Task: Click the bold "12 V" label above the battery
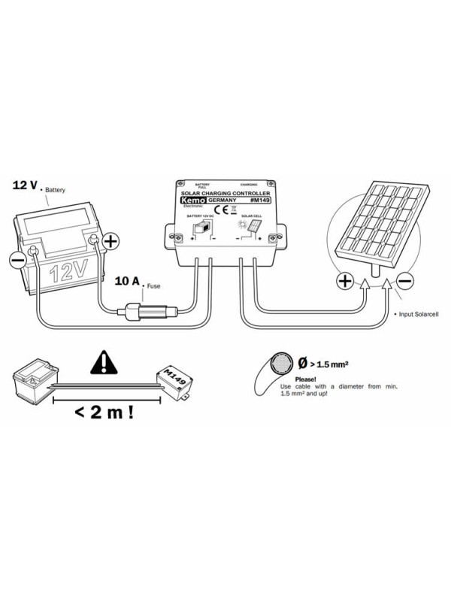(25, 185)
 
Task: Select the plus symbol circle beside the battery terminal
(110, 241)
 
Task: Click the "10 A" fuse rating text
(126, 282)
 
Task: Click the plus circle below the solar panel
(344, 281)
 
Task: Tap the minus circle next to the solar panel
(404, 281)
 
